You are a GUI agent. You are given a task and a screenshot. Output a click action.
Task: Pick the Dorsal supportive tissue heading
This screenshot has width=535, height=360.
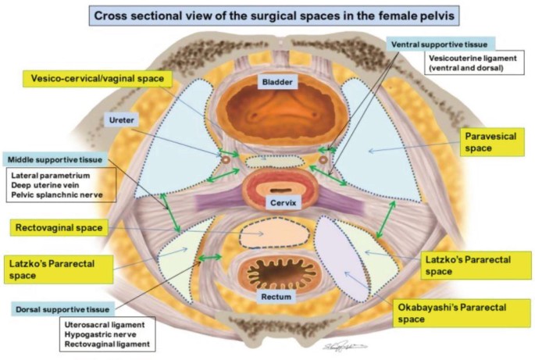click(55, 309)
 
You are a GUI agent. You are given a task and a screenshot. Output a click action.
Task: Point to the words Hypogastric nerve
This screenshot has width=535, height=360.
click(102, 334)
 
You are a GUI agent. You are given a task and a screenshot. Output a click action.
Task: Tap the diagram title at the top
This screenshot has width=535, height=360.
click(266, 15)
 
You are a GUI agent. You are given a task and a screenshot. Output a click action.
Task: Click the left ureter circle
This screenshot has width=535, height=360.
click(227, 160)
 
